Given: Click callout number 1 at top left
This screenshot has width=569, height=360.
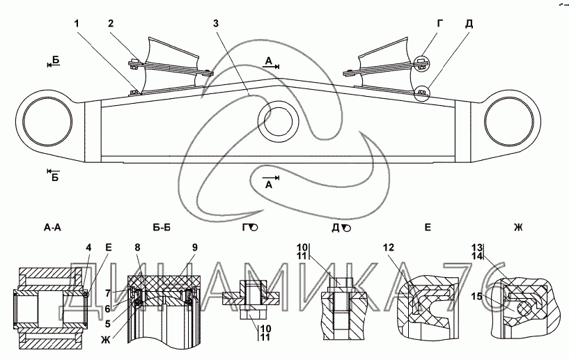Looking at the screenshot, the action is pyautogui.click(x=76, y=24).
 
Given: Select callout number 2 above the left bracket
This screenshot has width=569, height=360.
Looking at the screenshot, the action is pyautogui.click(x=111, y=24).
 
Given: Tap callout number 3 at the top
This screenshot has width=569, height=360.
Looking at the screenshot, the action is pyautogui.click(x=216, y=24).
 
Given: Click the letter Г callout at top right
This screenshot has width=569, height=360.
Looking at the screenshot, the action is pyautogui.click(x=440, y=24).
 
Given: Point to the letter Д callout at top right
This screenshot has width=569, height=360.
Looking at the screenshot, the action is pyautogui.click(x=469, y=24).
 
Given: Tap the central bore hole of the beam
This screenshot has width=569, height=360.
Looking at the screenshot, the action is pyautogui.click(x=278, y=122).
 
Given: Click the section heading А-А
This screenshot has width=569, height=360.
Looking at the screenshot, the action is pyautogui.click(x=53, y=228).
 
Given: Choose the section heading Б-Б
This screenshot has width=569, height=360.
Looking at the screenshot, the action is pyautogui.click(x=162, y=228).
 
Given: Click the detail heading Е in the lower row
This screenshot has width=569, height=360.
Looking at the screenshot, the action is pyautogui.click(x=428, y=228).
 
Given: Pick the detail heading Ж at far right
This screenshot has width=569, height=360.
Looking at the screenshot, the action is pyautogui.click(x=518, y=228).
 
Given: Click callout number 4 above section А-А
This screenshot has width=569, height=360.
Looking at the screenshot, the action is pyautogui.click(x=89, y=247).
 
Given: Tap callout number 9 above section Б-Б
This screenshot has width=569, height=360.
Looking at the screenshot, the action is pyautogui.click(x=195, y=247).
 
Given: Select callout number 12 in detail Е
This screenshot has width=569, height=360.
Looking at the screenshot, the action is pyautogui.click(x=388, y=247).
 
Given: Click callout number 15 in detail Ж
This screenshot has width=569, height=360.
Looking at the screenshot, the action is pyautogui.click(x=477, y=297).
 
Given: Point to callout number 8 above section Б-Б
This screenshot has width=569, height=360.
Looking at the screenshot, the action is pyautogui.click(x=137, y=247).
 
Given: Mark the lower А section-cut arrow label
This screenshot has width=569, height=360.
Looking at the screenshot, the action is pyautogui.click(x=269, y=185).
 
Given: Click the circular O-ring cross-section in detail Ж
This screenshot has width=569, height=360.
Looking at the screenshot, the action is pyautogui.click(x=523, y=309).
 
